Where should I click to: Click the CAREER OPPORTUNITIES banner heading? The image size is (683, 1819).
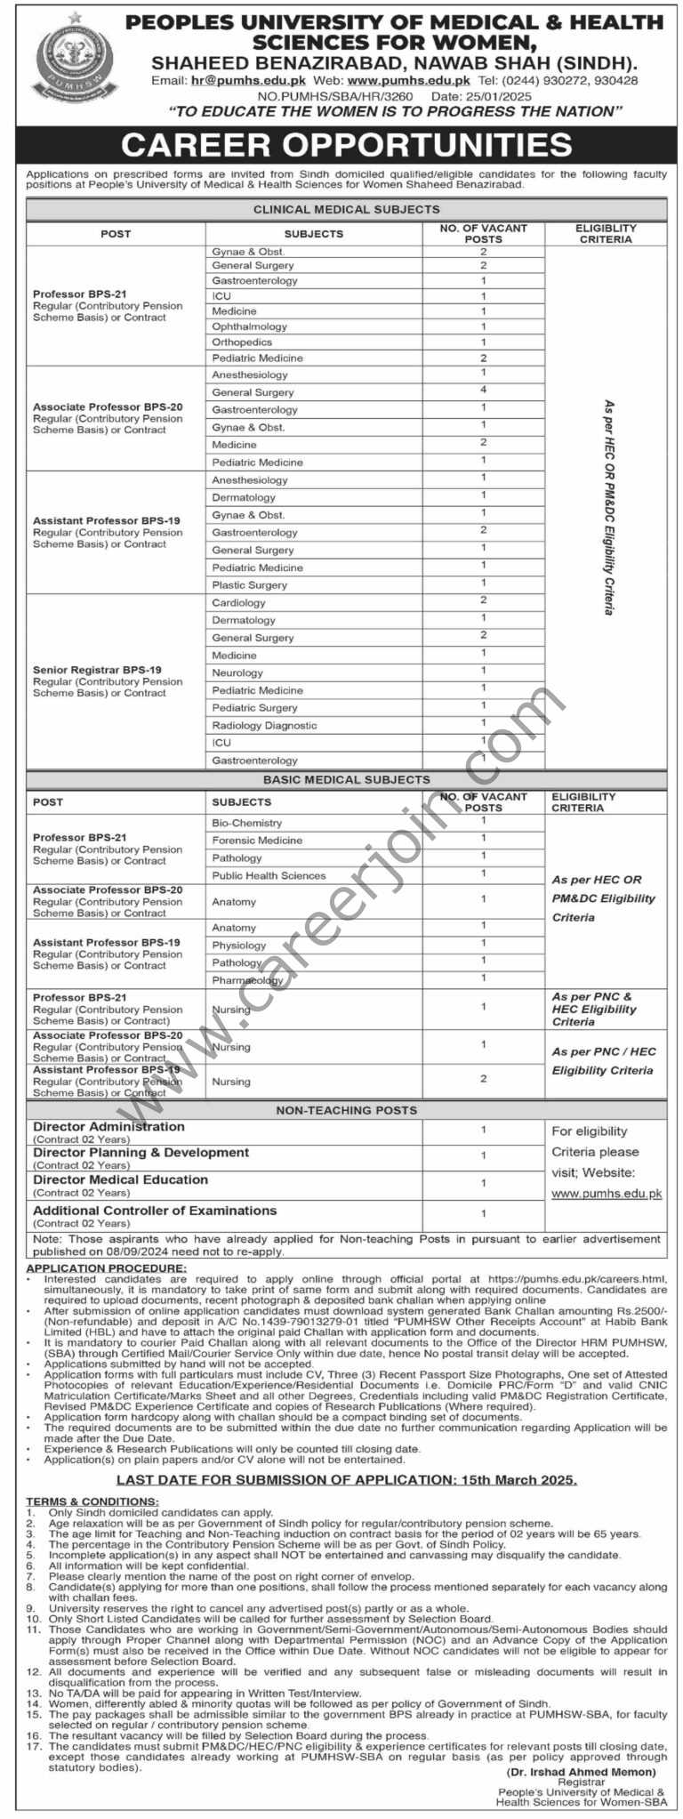point(347,145)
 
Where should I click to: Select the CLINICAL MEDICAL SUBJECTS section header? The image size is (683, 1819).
point(347,210)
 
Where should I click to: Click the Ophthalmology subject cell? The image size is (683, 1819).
point(249,326)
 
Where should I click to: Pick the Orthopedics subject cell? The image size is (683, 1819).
point(242,342)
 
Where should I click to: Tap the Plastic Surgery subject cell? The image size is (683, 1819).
point(249,585)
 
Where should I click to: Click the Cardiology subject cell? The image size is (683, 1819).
point(238,603)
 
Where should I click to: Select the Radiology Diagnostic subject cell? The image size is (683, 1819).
point(264,726)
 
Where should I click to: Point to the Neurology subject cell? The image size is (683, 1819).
point(237,673)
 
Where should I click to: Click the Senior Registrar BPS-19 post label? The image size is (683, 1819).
point(97,670)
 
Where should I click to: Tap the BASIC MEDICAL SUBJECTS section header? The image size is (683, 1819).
point(347,780)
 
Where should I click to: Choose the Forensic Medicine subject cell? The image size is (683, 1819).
point(257,841)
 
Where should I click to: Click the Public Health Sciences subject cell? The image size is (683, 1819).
point(269,876)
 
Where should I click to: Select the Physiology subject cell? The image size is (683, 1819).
point(238,946)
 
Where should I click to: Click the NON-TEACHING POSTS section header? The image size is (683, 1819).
point(347,1110)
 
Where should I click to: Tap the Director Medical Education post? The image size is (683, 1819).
point(121,1180)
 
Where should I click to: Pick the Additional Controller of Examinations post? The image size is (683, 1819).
point(155,1211)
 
